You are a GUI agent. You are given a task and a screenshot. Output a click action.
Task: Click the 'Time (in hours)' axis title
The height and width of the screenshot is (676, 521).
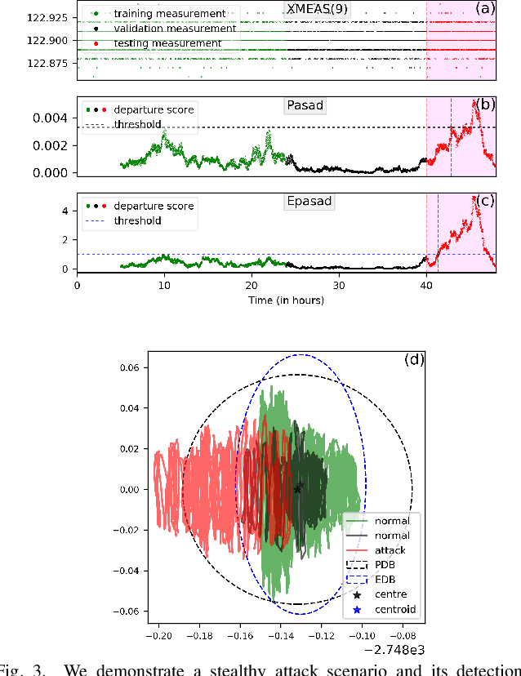click(286, 300)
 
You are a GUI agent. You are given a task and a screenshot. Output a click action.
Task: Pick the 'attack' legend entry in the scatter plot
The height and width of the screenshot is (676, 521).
click(389, 551)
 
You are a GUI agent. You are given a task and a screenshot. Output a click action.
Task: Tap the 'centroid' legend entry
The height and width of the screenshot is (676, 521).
click(394, 609)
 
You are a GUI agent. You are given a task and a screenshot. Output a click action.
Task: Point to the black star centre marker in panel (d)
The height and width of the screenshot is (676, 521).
click(298, 488)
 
